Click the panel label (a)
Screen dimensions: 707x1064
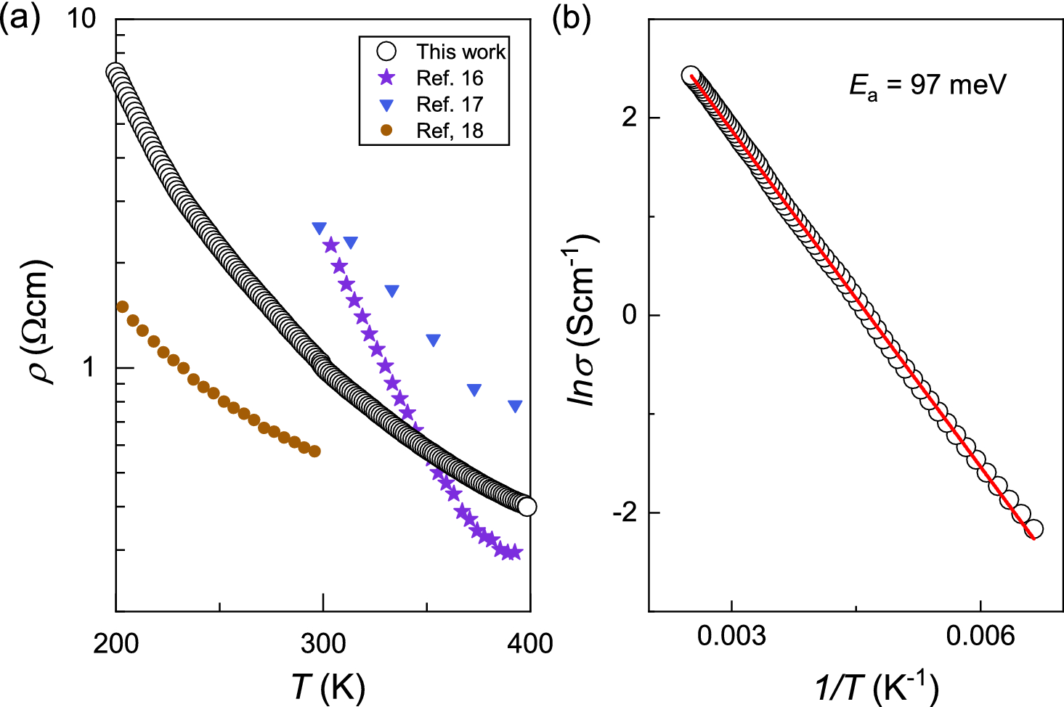coord(20,17)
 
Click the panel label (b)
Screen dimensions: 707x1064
coord(572,17)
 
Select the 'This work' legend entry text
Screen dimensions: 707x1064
coord(460,52)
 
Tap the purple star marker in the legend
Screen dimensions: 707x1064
coord(387,78)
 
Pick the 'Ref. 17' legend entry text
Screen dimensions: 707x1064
coord(449,105)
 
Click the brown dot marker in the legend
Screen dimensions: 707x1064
coord(387,131)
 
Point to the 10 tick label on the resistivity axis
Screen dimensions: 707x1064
coord(81,18)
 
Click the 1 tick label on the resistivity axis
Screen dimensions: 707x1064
coord(89,367)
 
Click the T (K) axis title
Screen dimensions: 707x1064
coord(328,686)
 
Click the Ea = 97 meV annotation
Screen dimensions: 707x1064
coord(927,86)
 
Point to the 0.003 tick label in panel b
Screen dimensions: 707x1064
coord(731,636)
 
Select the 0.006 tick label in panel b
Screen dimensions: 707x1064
coord(980,636)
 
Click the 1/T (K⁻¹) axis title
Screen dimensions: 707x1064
coord(877,686)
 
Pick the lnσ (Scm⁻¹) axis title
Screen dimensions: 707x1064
coord(581,319)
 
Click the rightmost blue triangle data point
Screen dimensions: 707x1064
coord(515,406)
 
